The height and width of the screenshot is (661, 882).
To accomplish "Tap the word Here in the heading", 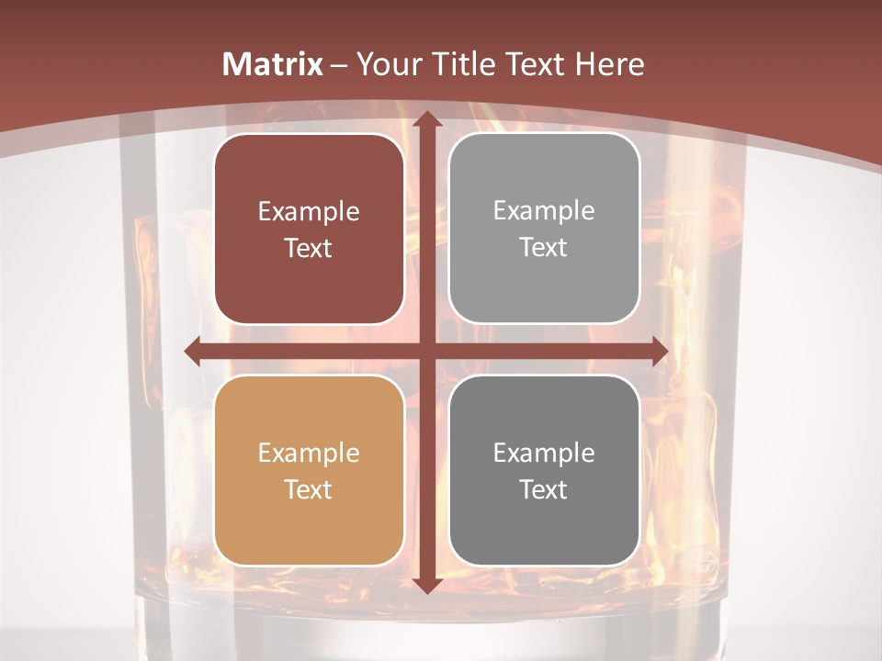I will pyautogui.click(x=610, y=64).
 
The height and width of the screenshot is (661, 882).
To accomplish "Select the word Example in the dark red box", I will pyautogui.click(x=309, y=212).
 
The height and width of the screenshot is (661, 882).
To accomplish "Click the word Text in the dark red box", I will pyautogui.click(x=309, y=248).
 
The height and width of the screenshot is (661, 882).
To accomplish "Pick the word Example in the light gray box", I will pyautogui.click(x=544, y=211).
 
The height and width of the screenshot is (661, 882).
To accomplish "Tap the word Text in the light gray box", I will pyautogui.click(x=544, y=247).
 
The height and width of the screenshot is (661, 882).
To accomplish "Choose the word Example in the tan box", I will pyautogui.click(x=309, y=454).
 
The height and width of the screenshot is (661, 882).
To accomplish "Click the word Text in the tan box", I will pyautogui.click(x=309, y=489).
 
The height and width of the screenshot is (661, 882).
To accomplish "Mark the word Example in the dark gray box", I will pyautogui.click(x=544, y=454).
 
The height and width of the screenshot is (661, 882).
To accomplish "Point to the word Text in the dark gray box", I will pyautogui.click(x=544, y=489).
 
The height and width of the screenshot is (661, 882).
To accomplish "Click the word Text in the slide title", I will pyautogui.click(x=534, y=64).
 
